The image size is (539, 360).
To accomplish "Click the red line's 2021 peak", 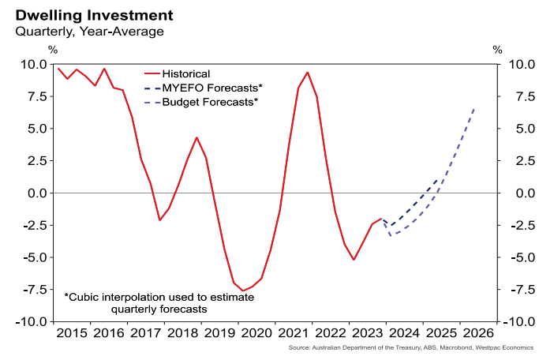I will (x=307, y=73).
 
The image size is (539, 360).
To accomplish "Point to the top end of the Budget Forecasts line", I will (x=473, y=109).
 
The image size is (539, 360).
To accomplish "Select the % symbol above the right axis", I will (x=497, y=49).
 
